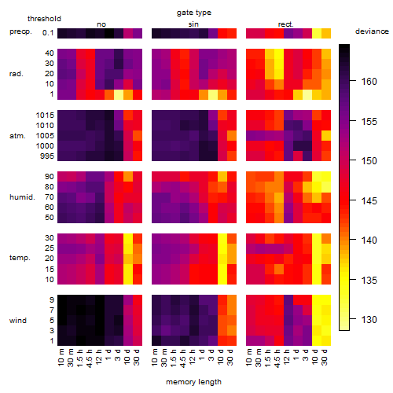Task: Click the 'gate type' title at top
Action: [194, 13]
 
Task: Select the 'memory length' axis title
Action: [193, 382]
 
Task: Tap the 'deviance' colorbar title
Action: [372, 31]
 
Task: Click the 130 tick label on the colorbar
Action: [369, 320]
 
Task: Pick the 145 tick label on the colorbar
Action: [369, 201]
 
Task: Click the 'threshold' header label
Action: [44, 19]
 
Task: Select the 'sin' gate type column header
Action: [193, 24]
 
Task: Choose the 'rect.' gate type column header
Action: [285, 24]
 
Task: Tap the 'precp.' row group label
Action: [20, 31]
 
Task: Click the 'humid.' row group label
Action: [22, 197]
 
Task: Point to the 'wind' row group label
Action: [18, 321]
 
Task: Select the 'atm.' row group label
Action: [17, 136]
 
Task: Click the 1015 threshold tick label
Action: [45, 116]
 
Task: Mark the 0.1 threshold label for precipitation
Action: [48, 33]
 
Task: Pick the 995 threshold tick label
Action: [47, 156]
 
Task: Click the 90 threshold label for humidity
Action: [49, 177]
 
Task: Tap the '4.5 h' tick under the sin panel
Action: [183, 358]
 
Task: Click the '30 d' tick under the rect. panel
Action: [325, 358]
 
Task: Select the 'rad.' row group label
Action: [17, 74]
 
